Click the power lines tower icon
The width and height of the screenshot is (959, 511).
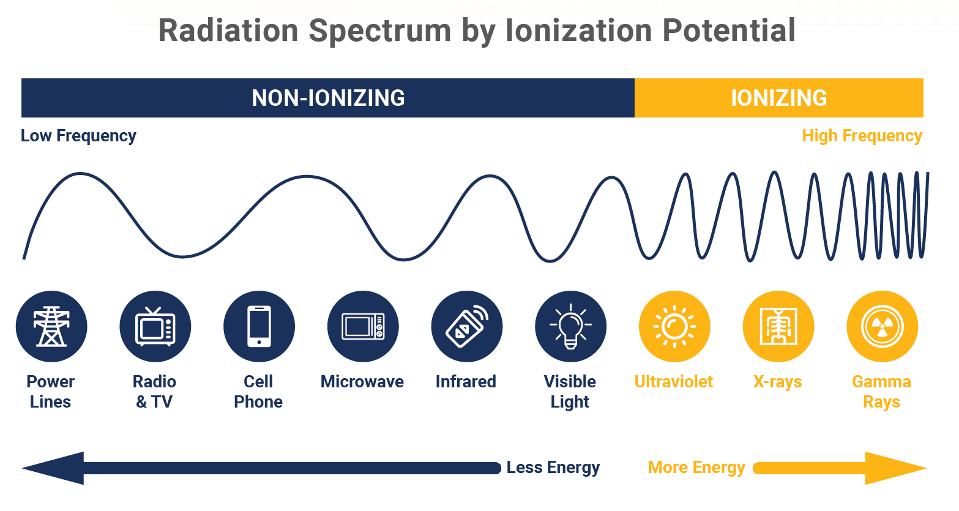51,327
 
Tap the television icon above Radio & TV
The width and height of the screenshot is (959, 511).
155,327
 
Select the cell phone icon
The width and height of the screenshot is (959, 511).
259,327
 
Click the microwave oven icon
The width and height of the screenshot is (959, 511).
363,327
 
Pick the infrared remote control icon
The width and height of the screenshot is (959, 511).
466,327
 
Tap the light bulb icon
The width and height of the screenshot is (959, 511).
570,327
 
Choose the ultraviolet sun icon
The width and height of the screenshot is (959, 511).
674,327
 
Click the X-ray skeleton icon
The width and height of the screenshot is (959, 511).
778,327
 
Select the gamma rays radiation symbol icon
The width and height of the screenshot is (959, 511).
882,327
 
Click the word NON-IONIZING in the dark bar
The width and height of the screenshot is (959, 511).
328,98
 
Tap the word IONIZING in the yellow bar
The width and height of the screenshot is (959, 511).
778,98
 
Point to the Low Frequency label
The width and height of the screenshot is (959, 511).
78,136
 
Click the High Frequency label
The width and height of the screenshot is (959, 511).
862,136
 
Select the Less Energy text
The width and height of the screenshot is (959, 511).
553,468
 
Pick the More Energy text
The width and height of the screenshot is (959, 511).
696,468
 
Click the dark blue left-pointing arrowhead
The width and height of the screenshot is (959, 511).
55,468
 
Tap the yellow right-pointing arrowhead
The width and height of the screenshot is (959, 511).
894,468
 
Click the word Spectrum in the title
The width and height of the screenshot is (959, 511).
379,31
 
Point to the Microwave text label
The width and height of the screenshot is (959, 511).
362,382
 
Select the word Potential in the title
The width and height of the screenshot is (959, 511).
729,31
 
